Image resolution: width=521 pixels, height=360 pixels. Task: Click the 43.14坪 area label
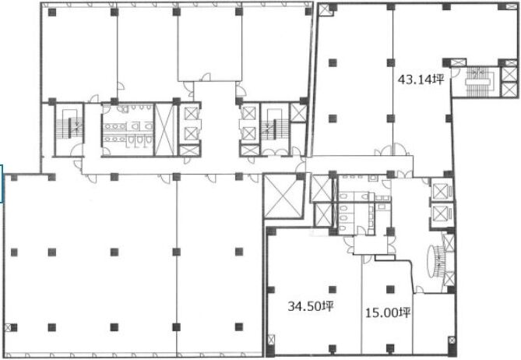coord(421,79)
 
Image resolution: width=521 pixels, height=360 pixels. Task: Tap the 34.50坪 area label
coord(310,306)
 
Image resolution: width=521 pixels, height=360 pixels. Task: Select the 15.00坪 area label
coord(388,312)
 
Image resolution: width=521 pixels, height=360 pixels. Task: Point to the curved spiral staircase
coord(436,262)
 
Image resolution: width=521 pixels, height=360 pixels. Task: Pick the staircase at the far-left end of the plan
coord(69,128)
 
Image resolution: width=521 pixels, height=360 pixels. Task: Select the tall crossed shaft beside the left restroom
coord(164,129)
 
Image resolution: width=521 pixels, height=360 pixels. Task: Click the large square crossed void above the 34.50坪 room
coord(283,196)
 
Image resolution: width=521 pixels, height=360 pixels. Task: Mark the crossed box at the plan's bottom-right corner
coord(452,341)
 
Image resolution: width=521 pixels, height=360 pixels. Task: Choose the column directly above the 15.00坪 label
coord(390,289)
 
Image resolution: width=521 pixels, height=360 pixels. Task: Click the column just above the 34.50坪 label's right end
coord(333,290)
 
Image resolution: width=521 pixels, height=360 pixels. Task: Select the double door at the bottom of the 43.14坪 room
coord(393,150)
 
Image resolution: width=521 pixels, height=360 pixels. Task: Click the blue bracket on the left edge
coord(2,183)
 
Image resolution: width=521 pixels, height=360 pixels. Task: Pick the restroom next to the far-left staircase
coord(128,129)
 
